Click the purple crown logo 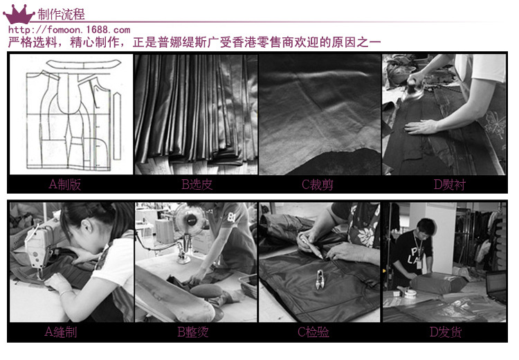point(19,15)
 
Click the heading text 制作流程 point(61,15)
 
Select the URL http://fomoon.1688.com point(69,30)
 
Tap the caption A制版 point(65,184)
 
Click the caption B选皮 point(197,184)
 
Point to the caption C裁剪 point(318,184)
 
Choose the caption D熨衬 point(450,184)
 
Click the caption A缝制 point(61,332)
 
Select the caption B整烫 point(193,332)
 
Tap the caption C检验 point(313,332)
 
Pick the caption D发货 point(446,332)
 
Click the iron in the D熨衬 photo point(413,88)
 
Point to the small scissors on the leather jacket point(320,279)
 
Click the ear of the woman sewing point(87,226)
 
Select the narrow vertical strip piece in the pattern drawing point(117,127)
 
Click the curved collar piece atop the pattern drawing point(84,64)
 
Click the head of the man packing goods point(425,228)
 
